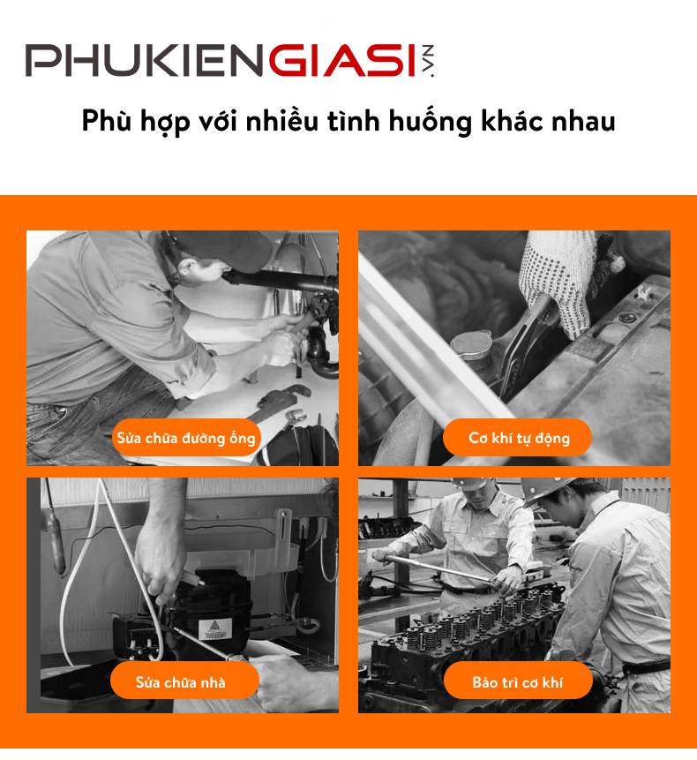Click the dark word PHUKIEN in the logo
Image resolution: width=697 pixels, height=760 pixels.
point(146,60)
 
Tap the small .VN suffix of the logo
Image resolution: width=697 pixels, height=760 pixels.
point(427,61)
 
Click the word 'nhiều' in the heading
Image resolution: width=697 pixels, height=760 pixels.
point(281,121)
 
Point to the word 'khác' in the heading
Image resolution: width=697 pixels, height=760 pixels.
point(513,121)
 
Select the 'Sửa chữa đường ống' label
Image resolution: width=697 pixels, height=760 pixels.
point(186,438)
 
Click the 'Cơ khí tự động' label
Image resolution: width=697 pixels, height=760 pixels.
point(518,438)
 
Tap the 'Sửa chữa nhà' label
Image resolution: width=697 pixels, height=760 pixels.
point(180,682)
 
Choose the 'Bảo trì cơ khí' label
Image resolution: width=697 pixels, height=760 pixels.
point(517,682)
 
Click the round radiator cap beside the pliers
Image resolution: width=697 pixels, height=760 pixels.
point(471,344)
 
